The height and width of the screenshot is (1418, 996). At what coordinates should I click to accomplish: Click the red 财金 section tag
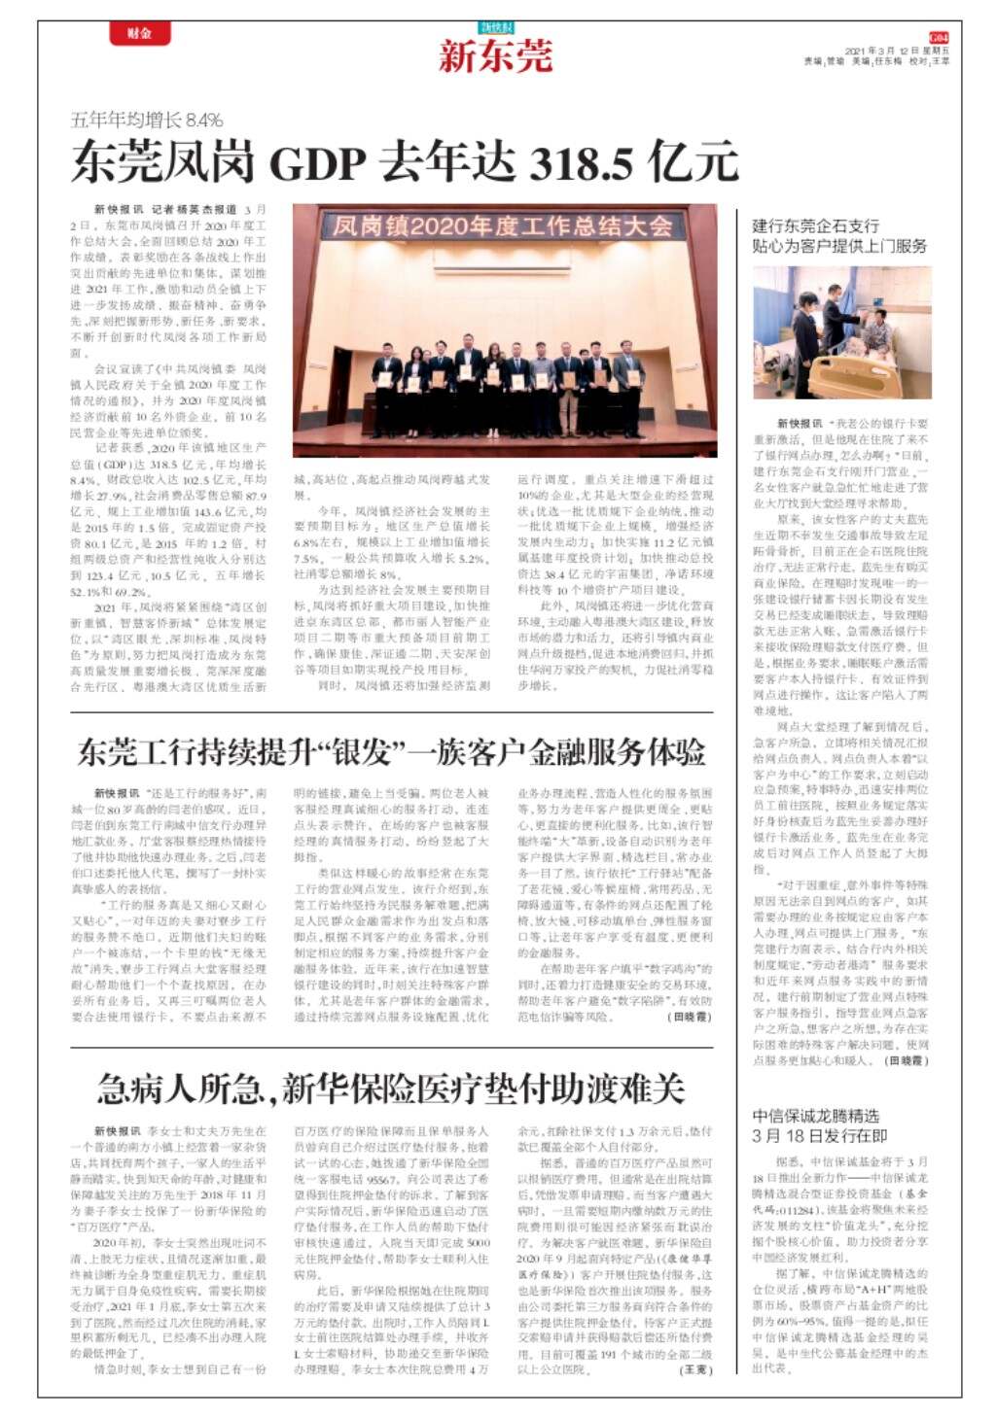[140, 33]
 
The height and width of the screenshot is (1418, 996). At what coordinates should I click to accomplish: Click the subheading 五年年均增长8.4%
[147, 121]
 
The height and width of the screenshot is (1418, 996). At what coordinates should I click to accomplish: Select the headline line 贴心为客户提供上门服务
[839, 246]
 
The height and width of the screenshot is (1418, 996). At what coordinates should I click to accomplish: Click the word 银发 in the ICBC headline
[361, 750]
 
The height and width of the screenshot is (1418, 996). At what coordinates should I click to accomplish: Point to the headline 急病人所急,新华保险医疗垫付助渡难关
[390, 1089]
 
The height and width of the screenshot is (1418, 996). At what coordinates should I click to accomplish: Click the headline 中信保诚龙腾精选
[815, 1116]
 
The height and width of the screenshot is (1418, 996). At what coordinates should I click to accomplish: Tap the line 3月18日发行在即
[819, 1136]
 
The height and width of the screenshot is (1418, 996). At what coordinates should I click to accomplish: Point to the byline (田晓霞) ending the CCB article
[907, 1060]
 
